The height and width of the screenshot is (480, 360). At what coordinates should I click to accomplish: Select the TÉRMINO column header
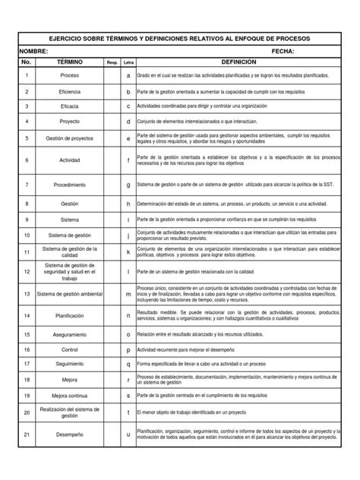click(70, 62)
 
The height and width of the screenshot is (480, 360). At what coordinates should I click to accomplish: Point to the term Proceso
click(70, 77)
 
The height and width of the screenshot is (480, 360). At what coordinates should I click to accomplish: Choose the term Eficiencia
click(70, 92)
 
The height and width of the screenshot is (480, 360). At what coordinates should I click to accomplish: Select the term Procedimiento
click(70, 185)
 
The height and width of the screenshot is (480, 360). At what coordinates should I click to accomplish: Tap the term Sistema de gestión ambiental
click(70, 294)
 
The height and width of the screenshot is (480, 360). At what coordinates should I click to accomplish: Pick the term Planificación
click(70, 315)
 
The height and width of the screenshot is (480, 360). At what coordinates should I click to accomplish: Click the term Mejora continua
click(70, 396)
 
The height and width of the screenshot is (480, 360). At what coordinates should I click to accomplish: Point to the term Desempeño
click(70, 435)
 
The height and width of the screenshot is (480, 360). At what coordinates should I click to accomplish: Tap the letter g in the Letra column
click(128, 185)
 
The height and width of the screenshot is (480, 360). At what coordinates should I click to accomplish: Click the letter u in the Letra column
click(128, 435)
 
